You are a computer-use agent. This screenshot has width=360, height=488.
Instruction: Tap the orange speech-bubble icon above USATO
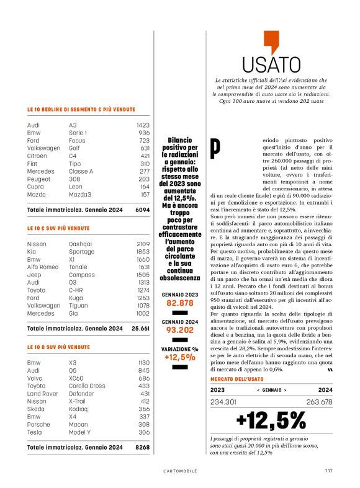pos(271,41)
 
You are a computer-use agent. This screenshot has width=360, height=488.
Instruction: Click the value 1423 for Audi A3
pos(143,125)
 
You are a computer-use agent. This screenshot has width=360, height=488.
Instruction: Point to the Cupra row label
pos(35,186)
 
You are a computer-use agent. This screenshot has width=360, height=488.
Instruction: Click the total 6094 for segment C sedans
pos(143,210)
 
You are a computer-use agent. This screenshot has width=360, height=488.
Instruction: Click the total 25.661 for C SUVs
pos(141,328)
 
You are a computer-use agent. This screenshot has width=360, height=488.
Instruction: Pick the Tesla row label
pos(35,432)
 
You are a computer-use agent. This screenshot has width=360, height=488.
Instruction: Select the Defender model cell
pos(82,394)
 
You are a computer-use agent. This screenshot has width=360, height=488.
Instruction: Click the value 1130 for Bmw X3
pos(143,362)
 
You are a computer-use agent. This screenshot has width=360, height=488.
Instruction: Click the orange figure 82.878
pos(180,303)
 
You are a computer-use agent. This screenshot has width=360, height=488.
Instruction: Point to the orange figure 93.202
pos(180,331)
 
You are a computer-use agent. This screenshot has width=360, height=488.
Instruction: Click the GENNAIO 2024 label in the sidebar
pos(180,322)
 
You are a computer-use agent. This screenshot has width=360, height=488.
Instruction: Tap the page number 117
pos(328,471)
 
